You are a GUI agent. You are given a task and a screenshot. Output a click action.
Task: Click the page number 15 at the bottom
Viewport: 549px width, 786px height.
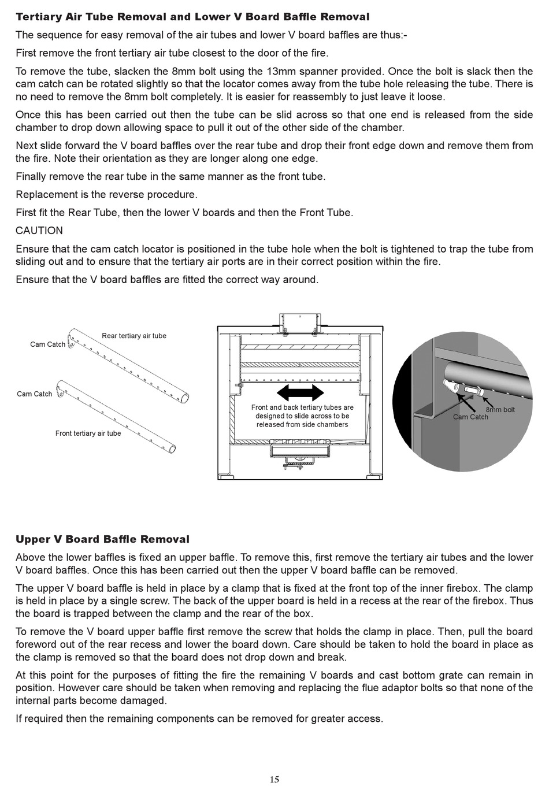click(x=274, y=779)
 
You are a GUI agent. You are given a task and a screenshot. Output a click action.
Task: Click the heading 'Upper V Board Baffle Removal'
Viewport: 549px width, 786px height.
click(x=102, y=539)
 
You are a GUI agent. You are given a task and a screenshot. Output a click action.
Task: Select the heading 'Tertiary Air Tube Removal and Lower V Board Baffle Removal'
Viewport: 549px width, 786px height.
click(x=192, y=17)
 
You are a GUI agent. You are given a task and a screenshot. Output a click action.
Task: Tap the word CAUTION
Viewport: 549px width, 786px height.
click(x=39, y=231)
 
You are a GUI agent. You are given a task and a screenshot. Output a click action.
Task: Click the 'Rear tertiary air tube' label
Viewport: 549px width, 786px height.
click(x=134, y=336)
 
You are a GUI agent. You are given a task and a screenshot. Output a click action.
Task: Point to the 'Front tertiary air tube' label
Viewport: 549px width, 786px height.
click(x=88, y=433)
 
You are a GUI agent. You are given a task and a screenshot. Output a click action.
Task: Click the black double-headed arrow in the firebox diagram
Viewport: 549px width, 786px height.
click(x=301, y=393)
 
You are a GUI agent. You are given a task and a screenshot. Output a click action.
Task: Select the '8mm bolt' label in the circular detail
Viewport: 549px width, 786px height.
click(x=500, y=410)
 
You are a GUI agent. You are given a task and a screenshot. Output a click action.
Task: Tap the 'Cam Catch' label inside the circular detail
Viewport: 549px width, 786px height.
click(x=470, y=417)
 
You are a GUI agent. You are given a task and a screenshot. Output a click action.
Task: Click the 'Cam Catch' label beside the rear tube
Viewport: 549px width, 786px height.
click(x=48, y=344)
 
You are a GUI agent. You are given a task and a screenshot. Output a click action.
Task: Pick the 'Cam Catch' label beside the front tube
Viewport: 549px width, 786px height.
click(x=35, y=394)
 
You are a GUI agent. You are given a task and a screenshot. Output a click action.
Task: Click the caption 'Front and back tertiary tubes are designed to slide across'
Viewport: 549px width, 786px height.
click(x=302, y=416)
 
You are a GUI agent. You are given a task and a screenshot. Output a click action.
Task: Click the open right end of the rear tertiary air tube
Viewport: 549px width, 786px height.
click(x=185, y=396)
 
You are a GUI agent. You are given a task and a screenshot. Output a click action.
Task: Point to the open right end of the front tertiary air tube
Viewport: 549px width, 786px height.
click(x=172, y=448)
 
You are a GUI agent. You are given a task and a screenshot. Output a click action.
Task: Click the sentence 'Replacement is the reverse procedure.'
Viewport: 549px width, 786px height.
click(x=106, y=194)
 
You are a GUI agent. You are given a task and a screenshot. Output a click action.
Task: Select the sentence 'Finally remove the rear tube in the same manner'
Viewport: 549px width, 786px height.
click(x=170, y=176)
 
